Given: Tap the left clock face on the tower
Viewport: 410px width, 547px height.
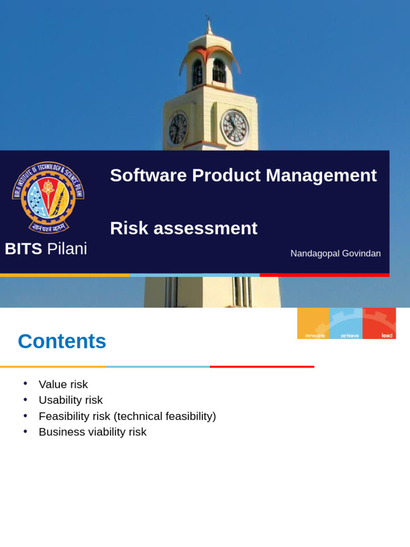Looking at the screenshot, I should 178,128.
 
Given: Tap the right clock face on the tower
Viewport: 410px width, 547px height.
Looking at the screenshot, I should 234,127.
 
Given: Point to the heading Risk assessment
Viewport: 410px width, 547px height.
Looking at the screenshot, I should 183,228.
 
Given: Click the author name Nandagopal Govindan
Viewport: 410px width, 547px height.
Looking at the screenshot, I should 335,253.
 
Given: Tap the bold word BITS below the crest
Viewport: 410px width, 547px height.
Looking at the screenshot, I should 23,248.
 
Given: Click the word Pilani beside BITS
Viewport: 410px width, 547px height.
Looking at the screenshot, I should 67,248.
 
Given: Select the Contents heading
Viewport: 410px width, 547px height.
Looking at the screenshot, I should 62,341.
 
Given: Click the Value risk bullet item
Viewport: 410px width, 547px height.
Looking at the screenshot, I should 63,384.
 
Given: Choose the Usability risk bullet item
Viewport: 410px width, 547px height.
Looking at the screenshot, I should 70,400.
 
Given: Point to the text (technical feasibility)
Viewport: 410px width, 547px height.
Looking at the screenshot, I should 164,416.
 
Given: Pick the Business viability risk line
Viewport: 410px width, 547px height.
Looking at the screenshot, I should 92,432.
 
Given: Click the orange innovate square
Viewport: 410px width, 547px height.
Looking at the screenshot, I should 313,323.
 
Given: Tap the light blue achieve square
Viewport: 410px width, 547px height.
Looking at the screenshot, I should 346,323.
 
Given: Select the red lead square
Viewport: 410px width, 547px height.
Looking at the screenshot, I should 379,323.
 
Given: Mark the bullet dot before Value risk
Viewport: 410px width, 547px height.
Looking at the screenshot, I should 25,384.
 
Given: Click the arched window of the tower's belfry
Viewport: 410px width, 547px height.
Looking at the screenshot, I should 219,71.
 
